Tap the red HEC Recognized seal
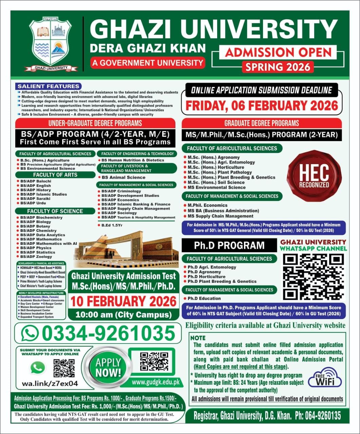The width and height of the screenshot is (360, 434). click(x=314, y=176)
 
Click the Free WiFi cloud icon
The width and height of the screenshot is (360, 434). click(x=325, y=377)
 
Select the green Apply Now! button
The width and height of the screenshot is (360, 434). click(x=108, y=368)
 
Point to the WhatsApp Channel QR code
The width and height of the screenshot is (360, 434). click(x=313, y=277)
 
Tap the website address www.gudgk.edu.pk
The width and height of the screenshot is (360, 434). click(x=155, y=382)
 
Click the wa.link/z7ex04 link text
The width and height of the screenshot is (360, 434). click(x=50, y=383)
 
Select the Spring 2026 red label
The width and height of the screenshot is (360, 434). click(x=278, y=66)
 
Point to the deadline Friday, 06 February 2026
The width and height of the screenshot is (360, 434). click(x=262, y=105)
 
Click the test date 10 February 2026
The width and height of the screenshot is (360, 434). click(x=123, y=301)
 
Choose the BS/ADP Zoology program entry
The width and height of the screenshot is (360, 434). click(x=36, y=257)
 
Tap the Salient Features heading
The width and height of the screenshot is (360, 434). click(x=49, y=86)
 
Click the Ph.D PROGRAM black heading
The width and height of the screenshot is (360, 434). click(x=229, y=245)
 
